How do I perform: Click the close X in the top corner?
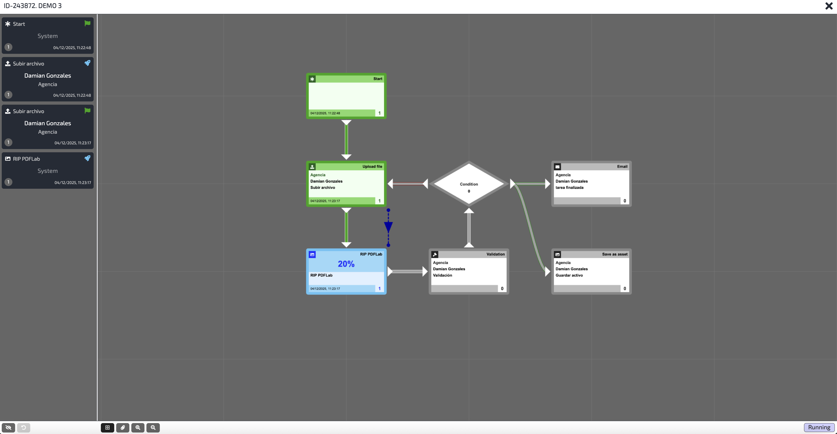click(829, 6)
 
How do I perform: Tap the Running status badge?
click(819, 427)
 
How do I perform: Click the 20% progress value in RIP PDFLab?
click(346, 264)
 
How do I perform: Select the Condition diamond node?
click(469, 184)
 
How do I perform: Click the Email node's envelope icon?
click(557, 167)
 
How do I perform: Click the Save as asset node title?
click(614, 254)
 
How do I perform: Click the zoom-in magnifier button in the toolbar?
click(138, 428)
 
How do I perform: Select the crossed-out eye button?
click(8, 428)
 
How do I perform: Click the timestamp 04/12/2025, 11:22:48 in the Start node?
click(325, 113)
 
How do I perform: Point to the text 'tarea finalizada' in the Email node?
click(569, 187)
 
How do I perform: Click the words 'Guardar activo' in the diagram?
click(569, 275)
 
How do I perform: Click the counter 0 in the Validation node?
click(502, 289)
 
